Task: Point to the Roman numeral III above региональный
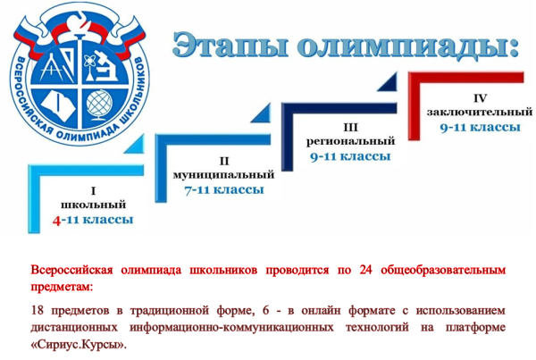click(x=350, y=128)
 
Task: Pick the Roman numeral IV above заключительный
click(x=480, y=96)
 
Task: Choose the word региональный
click(x=350, y=142)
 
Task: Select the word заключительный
click(x=480, y=111)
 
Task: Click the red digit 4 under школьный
click(x=57, y=219)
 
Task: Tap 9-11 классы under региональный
click(x=350, y=157)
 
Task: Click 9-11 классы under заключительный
click(x=480, y=127)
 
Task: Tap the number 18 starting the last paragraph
click(x=38, y=309)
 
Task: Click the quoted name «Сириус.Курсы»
click(x=77, y=343)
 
